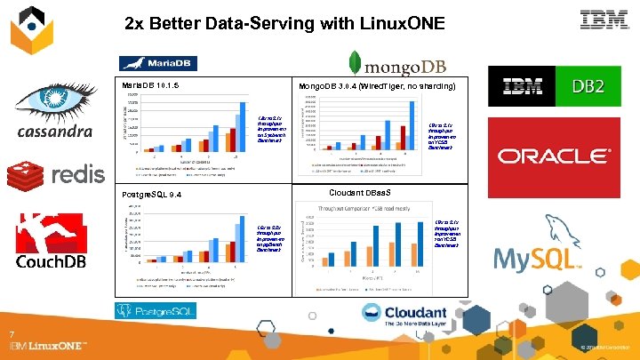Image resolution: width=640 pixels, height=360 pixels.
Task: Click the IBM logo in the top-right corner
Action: (x=604, y=20)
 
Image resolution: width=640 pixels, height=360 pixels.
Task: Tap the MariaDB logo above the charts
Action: (x=158, y=63)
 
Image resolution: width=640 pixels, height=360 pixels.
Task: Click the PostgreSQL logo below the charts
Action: (x=156, y=310)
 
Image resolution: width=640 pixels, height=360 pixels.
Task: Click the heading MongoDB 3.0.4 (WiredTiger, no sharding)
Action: (x=376, y=85)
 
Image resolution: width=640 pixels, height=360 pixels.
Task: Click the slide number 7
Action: (x=12, y=334)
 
